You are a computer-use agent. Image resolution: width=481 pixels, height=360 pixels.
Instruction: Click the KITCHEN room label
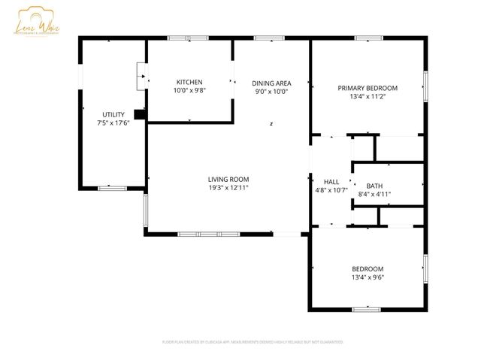(189, 82)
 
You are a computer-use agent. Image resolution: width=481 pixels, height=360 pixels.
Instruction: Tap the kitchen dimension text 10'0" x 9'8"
(189, 90)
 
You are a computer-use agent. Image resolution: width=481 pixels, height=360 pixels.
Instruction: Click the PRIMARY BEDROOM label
(368, 88)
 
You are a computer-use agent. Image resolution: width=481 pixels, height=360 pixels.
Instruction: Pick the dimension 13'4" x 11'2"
(368, 96)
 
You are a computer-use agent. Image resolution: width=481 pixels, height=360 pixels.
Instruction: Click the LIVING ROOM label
(228, 179)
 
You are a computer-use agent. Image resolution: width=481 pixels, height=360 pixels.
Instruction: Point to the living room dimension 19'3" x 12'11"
(228, 188)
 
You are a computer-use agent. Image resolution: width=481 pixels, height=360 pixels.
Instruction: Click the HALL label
(331, 182)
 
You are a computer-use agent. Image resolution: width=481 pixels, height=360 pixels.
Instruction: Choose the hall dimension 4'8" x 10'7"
(331, 190)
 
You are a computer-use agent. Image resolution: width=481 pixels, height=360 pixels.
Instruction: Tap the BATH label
(374, 186)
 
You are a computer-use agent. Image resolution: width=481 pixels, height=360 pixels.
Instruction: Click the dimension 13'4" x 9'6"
(368, 277)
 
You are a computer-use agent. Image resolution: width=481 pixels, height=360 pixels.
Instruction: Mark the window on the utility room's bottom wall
(113, 188)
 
